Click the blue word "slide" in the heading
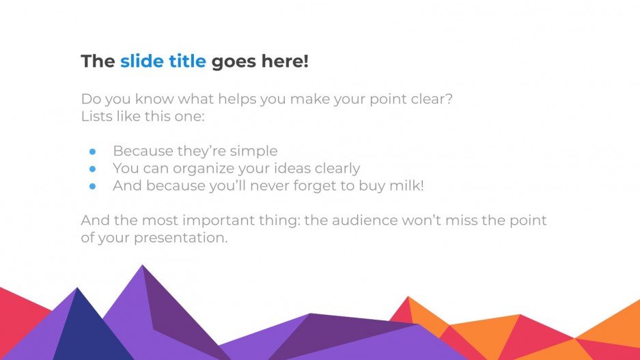tap(141, 61)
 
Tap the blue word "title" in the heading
tap(186, 61)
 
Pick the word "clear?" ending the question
tap(431, 99)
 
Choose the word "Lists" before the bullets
tap(96, 116)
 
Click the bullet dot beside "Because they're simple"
tap(93, 152)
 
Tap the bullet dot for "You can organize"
tap(93, 169)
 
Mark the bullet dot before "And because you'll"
tap(93, 186)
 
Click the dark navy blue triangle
tap(76, 328)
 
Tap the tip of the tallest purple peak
tap(143, 266)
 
